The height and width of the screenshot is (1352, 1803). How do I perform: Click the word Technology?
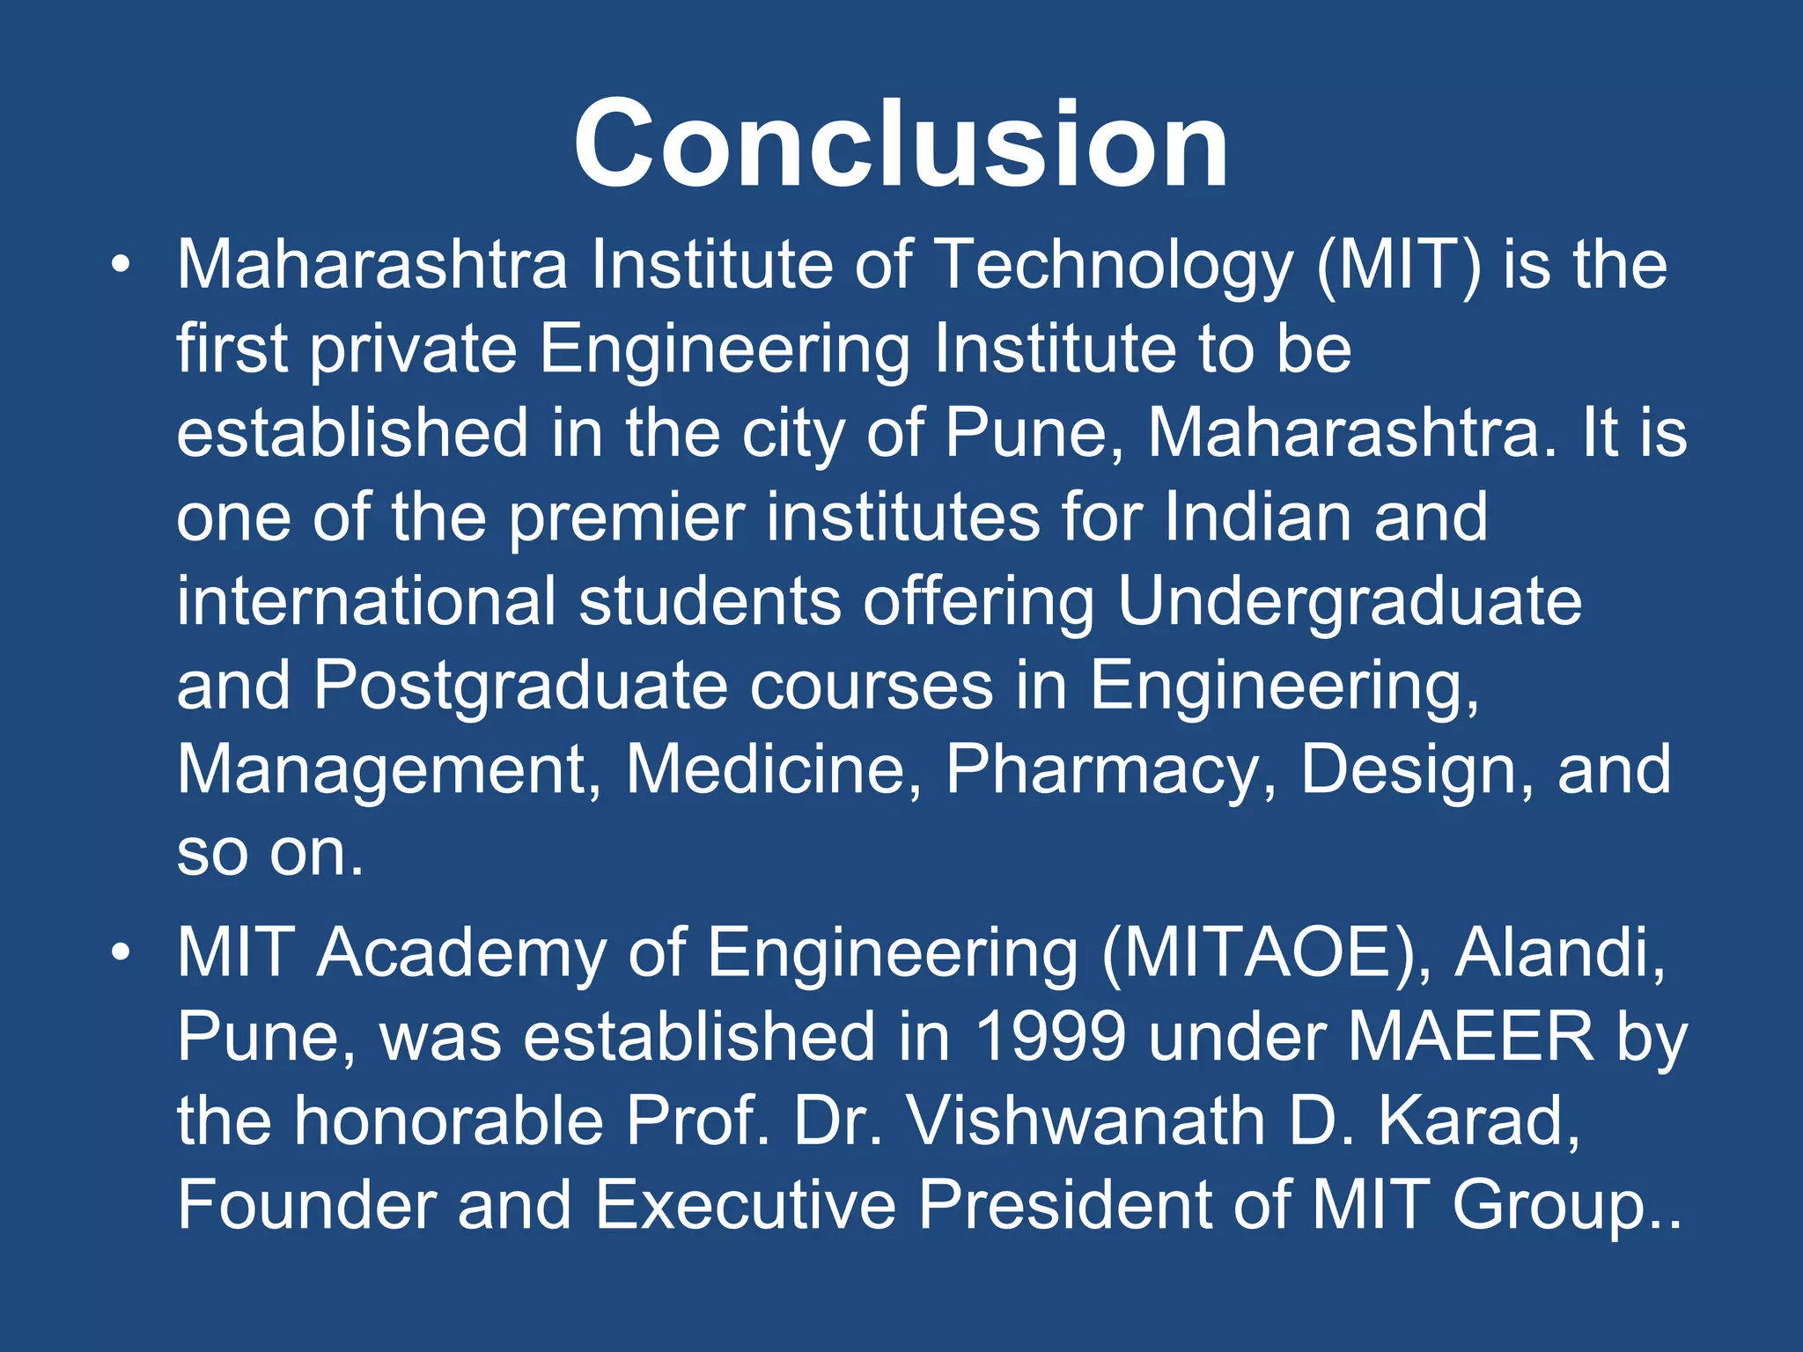coord(1113,266)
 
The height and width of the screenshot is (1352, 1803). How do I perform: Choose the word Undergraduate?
coord(1350,603)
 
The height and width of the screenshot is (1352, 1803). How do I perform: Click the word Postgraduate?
coord(520,687)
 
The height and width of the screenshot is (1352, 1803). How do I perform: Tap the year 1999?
coord(1050,1036)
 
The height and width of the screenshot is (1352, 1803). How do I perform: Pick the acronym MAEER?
coord(1470,1036)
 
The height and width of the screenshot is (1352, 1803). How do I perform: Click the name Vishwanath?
coord(1085,1121)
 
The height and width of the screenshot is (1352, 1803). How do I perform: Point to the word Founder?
coord(306,1204)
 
